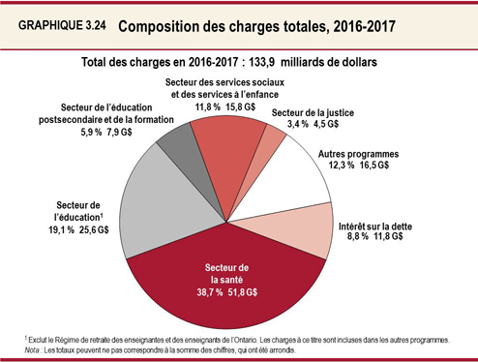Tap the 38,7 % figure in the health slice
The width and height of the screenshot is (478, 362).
(x=221, y=288)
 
